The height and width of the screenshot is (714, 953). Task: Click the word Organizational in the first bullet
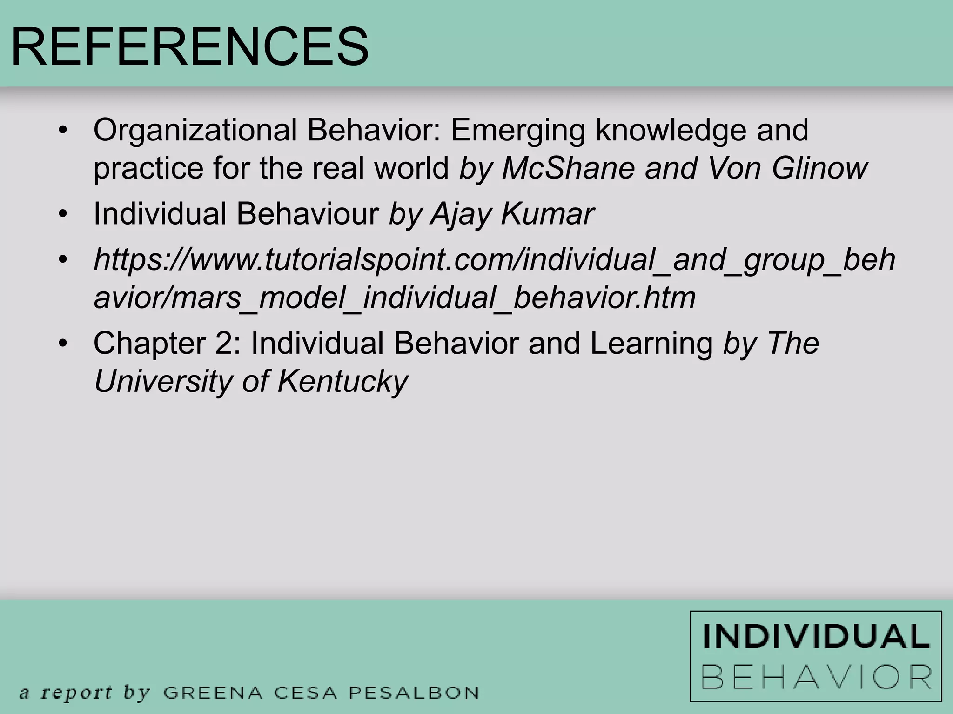click(x=195, y=130)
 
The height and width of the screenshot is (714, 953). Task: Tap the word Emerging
click(x=517, y=130)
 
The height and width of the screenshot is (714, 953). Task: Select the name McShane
click(x=568, y=168)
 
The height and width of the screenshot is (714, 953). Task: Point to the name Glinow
click(x=819, y=168)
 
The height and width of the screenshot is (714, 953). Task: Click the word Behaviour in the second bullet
click(x=307, y=214)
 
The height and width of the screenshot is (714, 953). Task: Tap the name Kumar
click(x=547, y=214)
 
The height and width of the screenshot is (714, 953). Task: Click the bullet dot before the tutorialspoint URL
click(x=63, y=258)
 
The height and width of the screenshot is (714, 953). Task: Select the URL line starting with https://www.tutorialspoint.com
click(x=494, y=259)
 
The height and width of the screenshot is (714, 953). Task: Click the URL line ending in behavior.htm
click(x=395, y=297)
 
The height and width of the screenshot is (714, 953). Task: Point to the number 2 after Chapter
click(x=227, y=344)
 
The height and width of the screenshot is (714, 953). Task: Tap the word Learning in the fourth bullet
click(x=651, y=344)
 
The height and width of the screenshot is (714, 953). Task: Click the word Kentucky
click(x=342, y=382)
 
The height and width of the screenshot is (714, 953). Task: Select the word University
click(x=162, y=382)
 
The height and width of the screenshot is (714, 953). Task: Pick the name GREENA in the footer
click(x=213, y=693)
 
